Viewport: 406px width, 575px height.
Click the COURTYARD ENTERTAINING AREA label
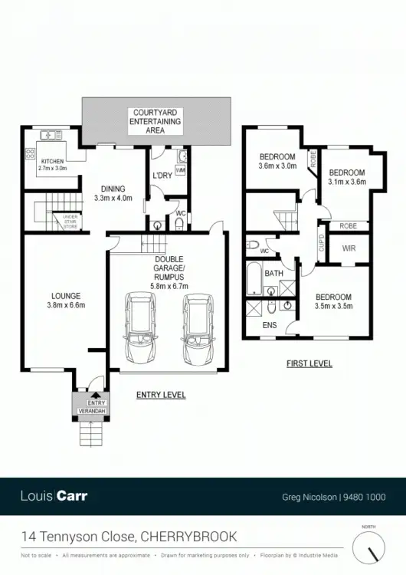[156, 121]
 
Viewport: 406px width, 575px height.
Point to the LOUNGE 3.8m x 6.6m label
[65, 300]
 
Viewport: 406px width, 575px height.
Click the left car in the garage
[140, 329]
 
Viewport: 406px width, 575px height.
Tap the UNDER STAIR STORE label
[70, 222]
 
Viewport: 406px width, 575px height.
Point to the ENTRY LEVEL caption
[160, 396]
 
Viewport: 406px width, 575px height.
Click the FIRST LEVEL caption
[309, 363]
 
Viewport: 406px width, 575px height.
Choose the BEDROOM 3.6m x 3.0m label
[277, 161]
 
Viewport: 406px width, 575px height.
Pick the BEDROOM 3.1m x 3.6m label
[346, 177]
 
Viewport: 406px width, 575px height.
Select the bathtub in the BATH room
[253, 281]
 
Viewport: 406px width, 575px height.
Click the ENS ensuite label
[270, 325]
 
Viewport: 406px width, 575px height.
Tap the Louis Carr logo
[54, 496]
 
